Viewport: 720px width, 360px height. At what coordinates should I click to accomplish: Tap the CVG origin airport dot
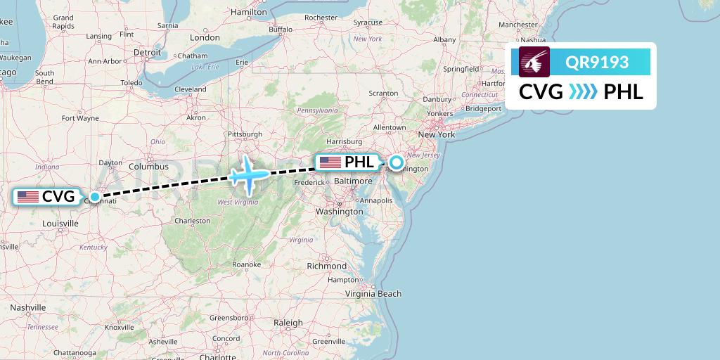click(x=94, y=197)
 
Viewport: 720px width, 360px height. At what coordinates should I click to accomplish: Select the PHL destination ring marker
click(x=397, y=162)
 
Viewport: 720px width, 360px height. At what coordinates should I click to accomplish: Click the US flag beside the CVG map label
click(x=29, y=197)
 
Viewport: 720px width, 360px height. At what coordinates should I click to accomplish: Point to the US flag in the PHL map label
click(x=330, y=162)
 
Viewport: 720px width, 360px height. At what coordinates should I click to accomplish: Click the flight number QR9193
click(x=597, y=63)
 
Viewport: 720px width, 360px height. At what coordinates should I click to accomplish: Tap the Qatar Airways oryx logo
click(x=534, y=63)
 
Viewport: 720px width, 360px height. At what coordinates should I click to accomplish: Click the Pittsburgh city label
click(x=245, y=134)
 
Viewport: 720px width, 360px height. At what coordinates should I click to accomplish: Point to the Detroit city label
click(x=148, y=52)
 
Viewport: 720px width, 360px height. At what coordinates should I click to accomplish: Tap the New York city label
click(x=437, y=134)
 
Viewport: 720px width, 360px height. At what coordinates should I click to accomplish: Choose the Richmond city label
click(x=327, y=266)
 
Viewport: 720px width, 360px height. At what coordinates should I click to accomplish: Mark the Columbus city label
click(x=148, y=167)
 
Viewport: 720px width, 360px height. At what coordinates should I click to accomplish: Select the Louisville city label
click(x=60, y=224)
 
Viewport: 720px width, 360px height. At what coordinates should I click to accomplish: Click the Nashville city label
click(x=28, y=307)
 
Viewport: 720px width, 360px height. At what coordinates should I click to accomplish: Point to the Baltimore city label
click(x=354, y=181)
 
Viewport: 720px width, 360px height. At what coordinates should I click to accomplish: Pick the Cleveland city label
click(x=191, y=89)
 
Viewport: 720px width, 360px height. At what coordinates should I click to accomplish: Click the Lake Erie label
click(x=205, y=67)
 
